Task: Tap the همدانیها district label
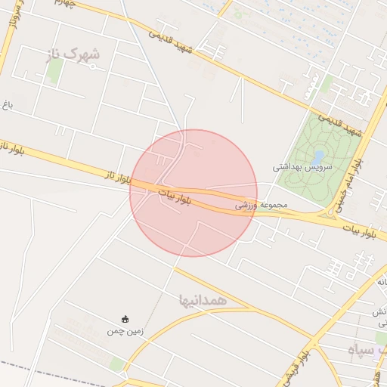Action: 203,299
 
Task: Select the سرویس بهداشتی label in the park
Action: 301,166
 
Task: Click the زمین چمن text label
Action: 125,330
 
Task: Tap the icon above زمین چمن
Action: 125,319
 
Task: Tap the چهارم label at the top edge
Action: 67,5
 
